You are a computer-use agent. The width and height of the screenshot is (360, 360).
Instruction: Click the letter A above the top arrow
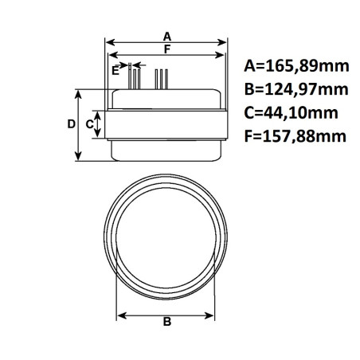[167, 36]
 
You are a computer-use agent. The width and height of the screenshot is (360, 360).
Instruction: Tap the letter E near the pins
[116, 71]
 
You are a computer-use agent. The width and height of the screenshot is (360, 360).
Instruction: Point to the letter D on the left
[70, 124]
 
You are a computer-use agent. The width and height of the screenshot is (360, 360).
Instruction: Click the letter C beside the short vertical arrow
[89, 124]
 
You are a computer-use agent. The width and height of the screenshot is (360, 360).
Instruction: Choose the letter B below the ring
[167, 323]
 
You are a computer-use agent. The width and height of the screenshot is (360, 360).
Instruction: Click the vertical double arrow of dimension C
[99, 124]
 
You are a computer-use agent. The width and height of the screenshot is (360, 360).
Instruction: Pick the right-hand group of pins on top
[162, 78]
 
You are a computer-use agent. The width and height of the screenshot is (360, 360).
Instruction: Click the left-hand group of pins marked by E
[134, 78]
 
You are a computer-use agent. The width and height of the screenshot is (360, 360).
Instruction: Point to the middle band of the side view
[167, 124]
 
